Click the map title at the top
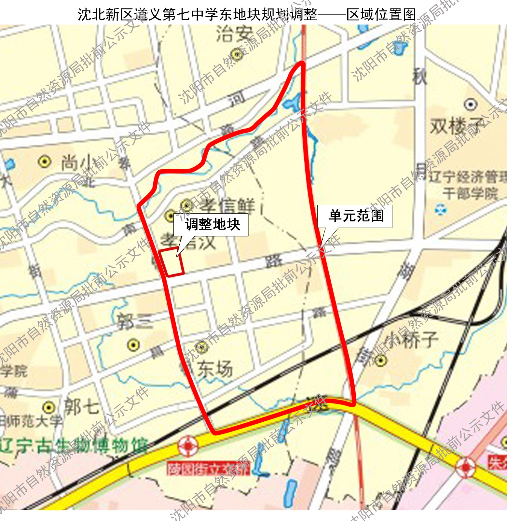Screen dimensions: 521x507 pos(247,14)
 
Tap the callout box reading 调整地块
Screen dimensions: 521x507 pos(211,225)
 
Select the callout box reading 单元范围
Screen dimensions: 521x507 pos(355,216)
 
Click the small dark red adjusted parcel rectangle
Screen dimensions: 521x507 pos(171,262)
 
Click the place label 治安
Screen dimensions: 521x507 pos(234,34)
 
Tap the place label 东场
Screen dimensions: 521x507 pos(215,369)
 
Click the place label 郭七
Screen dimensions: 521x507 pos(81,407)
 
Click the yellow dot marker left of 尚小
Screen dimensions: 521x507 pos(45,161)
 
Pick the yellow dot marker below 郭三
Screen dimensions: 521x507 pos(133,345)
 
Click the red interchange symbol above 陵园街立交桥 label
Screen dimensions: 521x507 pos(188,445)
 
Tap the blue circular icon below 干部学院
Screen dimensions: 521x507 pos(441,209)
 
